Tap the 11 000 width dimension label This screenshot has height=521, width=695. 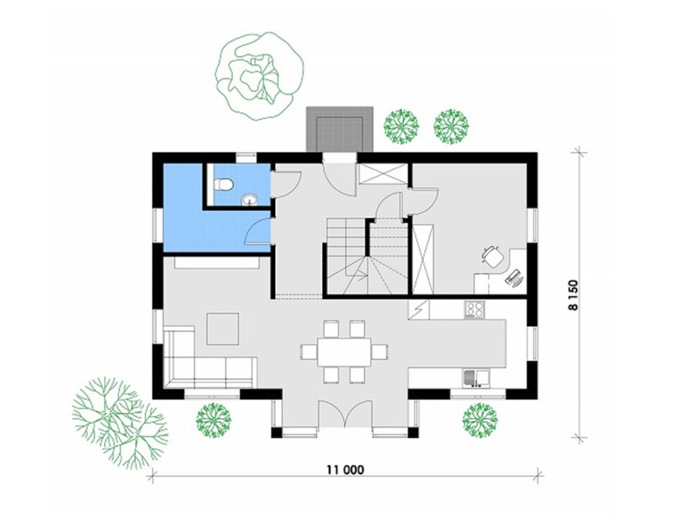point(345,469)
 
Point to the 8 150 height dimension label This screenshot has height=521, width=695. point(573,295)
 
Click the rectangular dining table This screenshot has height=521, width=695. point(344,352)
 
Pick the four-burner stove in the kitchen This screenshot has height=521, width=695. point(474,310)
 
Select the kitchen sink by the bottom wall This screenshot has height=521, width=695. point(476,378)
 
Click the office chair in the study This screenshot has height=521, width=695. point(493,256)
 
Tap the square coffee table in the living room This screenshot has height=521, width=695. point(222,329)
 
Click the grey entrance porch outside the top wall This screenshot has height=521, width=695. point(340,130)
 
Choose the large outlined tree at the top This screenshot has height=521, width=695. point(259,76)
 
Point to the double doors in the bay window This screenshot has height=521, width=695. point(345,414)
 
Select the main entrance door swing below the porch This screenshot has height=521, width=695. point(339,174)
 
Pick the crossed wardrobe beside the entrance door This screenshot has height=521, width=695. point(383,173)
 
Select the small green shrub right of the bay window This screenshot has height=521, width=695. point(480,420)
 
